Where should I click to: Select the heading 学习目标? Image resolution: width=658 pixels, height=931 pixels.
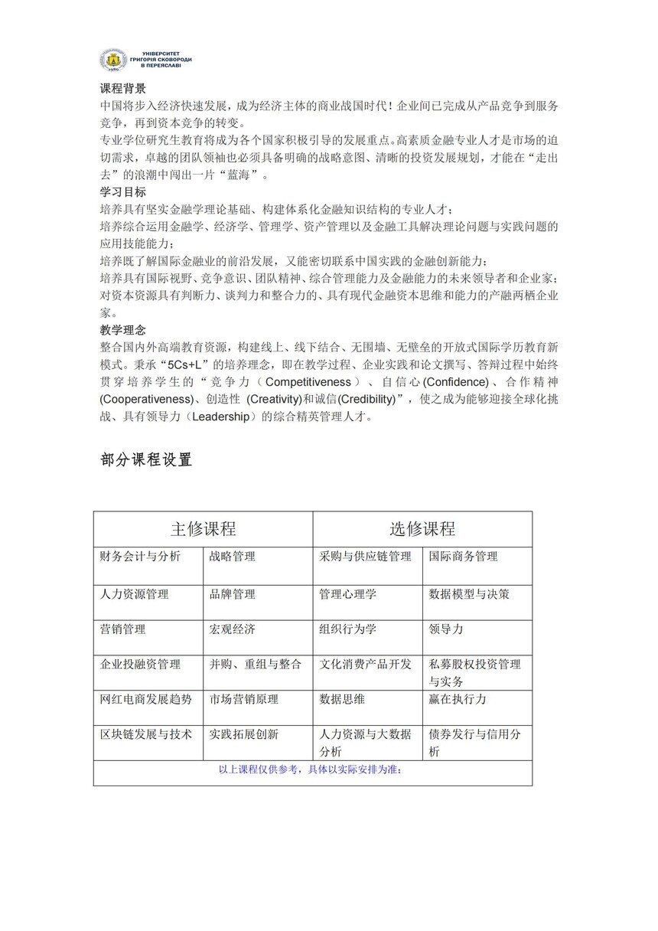(122, 192)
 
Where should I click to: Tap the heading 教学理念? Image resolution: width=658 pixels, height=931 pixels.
(122, 330)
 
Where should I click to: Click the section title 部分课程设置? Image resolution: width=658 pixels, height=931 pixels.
(146, 459)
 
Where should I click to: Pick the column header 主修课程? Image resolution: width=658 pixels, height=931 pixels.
(203, 529)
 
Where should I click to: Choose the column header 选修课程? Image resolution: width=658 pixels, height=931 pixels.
(422, 529)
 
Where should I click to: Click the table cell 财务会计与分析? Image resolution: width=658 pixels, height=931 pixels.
(140, 557)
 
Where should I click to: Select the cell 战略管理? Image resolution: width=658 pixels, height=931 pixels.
(233, 557)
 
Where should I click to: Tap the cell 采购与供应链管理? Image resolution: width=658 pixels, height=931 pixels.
(365, 557)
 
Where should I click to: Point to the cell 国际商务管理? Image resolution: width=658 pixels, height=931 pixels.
(463, 557)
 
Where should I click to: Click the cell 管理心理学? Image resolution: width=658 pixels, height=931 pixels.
(347, 594)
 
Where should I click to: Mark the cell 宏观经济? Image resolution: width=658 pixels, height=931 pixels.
(233, 629)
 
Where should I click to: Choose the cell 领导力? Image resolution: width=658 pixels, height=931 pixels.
(446, 629)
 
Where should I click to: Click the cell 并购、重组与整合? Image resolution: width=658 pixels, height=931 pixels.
(255, 665)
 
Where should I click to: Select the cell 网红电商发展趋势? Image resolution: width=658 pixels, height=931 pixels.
(145, 699)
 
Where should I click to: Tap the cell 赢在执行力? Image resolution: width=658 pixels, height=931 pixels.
(458, 699)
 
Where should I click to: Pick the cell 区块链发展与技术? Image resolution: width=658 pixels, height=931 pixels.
(145, 734)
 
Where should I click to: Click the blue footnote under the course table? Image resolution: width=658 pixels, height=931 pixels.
(310, 770)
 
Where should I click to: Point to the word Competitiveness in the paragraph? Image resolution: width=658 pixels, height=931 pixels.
(308, 382)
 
